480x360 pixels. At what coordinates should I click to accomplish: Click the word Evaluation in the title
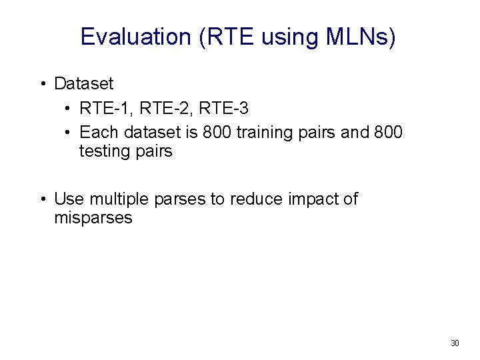tap(136, 37)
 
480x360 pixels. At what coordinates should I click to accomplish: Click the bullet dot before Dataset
tap(42, 85)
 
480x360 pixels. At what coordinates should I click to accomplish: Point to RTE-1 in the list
tap(100, 108)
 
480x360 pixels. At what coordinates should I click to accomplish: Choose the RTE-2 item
tap(160, 108)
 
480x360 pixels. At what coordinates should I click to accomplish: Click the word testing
tap(105, 152)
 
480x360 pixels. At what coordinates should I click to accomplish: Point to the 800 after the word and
tap(388, 133)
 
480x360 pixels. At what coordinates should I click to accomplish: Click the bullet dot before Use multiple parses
tap(42, 199)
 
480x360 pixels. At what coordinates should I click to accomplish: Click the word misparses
tap(93, 218)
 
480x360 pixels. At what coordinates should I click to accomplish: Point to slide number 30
tap(455, 343)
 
